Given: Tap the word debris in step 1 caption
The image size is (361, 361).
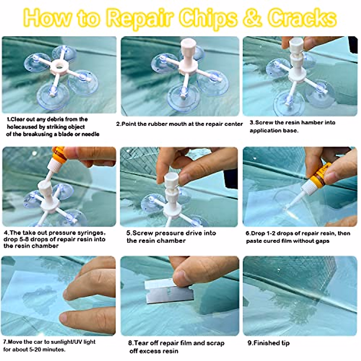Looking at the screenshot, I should click(x=54, y=119).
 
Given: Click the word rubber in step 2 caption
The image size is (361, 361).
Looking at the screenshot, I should click(x=157, y=124).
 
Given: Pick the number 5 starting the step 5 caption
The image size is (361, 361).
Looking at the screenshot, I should click(x=128, y=233).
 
